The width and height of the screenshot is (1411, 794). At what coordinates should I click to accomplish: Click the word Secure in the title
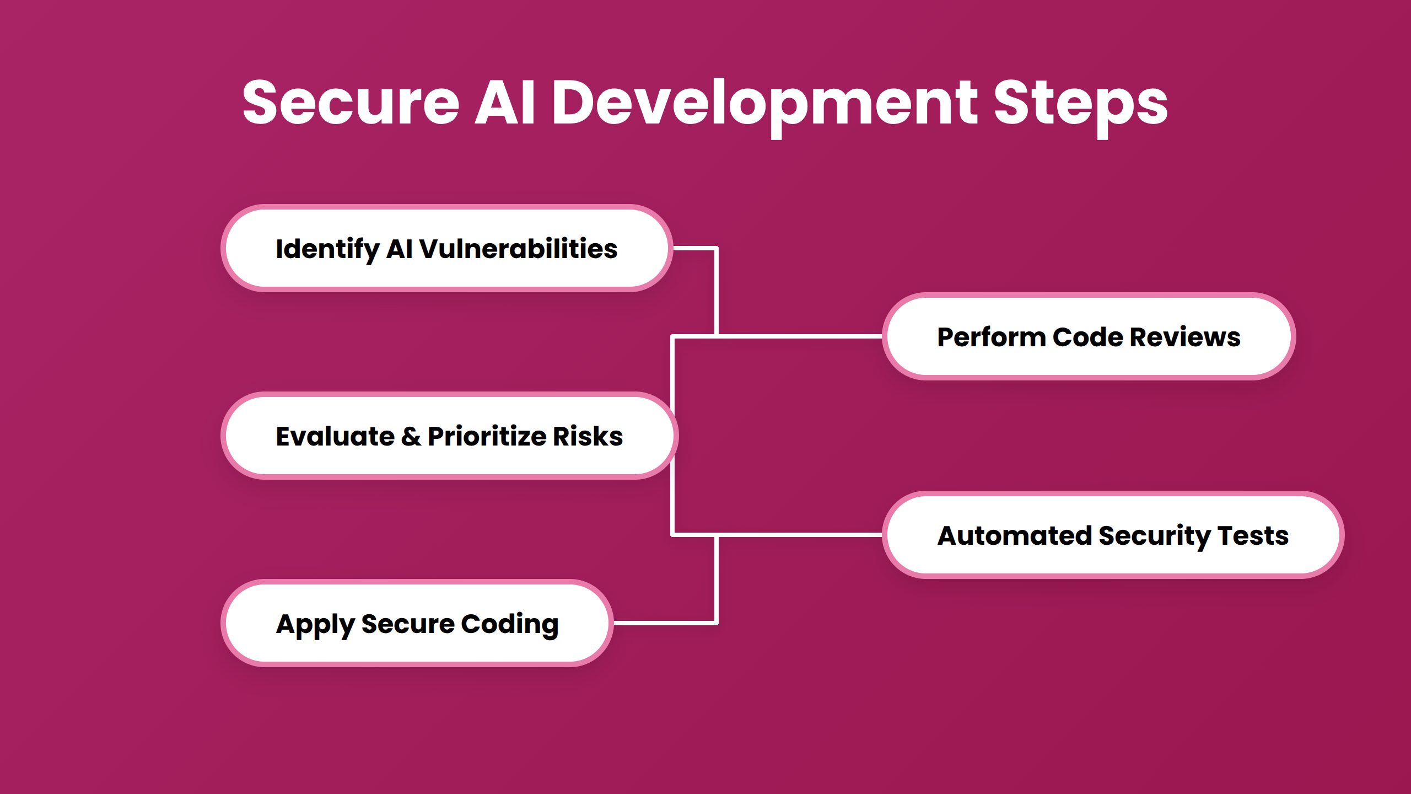point(351,103)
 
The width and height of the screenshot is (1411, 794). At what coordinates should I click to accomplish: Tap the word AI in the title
point(505,103)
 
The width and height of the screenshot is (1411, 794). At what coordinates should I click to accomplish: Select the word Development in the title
point(764,103)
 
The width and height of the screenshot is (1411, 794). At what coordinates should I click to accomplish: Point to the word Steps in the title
point(1080,103)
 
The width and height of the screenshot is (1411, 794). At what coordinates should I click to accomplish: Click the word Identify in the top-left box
point(327,249)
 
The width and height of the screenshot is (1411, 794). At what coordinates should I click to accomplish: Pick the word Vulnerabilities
point(518,249)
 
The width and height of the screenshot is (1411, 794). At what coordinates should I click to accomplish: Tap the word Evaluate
point(335,436)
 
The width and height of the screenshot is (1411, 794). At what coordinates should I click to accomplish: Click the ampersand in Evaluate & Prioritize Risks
point(411,436)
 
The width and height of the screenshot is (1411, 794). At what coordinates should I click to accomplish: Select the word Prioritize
point(487,436)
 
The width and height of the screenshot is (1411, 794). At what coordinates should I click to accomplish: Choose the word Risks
point(588,436)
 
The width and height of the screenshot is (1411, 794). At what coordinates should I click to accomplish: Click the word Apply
point(315,625)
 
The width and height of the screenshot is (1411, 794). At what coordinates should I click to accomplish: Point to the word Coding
point(509,624)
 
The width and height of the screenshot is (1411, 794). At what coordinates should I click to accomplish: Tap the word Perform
point(991,337)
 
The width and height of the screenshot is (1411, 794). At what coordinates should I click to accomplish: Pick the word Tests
point(1253,535)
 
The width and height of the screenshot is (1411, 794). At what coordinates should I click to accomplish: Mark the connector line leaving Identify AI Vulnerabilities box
point(694,249)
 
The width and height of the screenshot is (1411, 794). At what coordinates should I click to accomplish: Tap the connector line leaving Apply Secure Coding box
point(664,623)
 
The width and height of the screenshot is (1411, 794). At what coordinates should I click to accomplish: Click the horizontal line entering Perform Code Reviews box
point(799,336)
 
